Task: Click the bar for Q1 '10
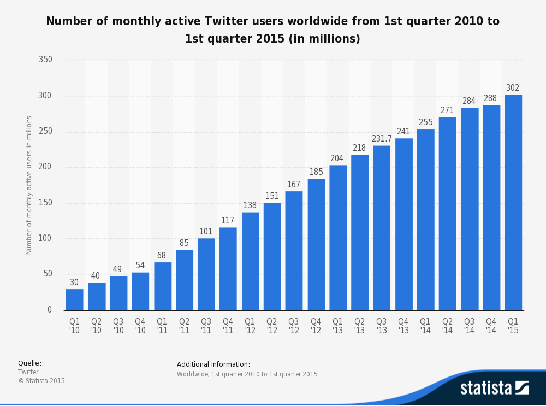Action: pos(74,299)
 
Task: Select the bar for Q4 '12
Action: pos(316,244)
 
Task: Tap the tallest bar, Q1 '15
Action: pos(513,202)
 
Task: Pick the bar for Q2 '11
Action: pos(185,280)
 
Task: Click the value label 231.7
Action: pos(382,139)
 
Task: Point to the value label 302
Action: pos(513,88)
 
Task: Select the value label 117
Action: pos(228,221)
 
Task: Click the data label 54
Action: pos(140,266)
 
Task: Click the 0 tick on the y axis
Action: pos(49,310)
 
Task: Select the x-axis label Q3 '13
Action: pos(381,326)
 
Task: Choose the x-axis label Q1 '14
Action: pos(425,326)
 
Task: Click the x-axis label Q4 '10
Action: pos(140,326)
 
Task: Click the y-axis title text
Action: pos(29,185)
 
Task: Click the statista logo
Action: pos(494,388)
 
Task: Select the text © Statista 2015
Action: pos(41,381)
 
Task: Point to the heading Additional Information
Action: pos(213,364)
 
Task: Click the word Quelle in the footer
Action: pos(28,363)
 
